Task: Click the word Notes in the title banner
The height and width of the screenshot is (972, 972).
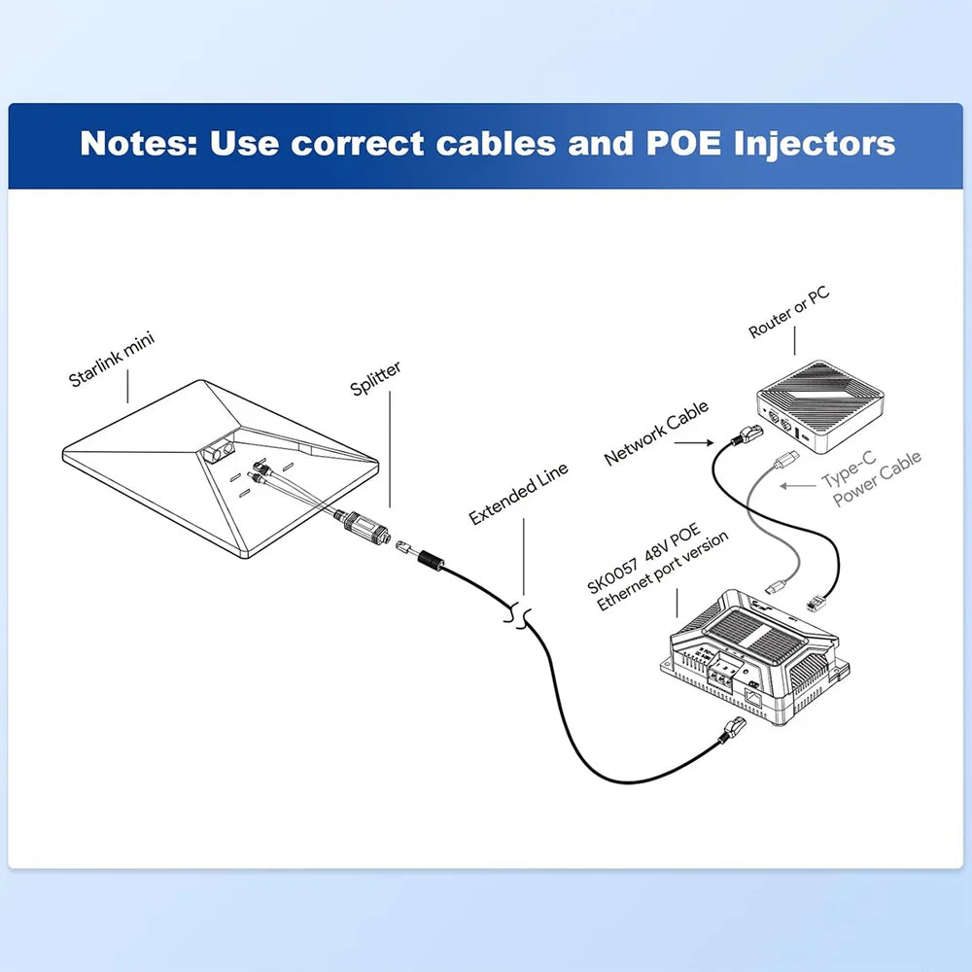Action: (x=136, y=144)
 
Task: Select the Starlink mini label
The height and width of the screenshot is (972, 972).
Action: (x=112, y=359)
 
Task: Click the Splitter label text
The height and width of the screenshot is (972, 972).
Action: (x=376, y=378)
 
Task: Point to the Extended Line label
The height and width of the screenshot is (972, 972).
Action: (x=519, y=495)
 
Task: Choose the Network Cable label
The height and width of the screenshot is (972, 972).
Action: (x=657, y=432)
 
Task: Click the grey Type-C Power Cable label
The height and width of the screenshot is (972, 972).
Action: (x=871, y=477)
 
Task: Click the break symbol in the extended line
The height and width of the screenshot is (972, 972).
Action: (x=518, y=613)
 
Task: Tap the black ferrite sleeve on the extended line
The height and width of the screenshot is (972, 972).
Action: (x=429, y=563)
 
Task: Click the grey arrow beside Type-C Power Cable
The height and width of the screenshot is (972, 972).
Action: (x=802, y=484)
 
